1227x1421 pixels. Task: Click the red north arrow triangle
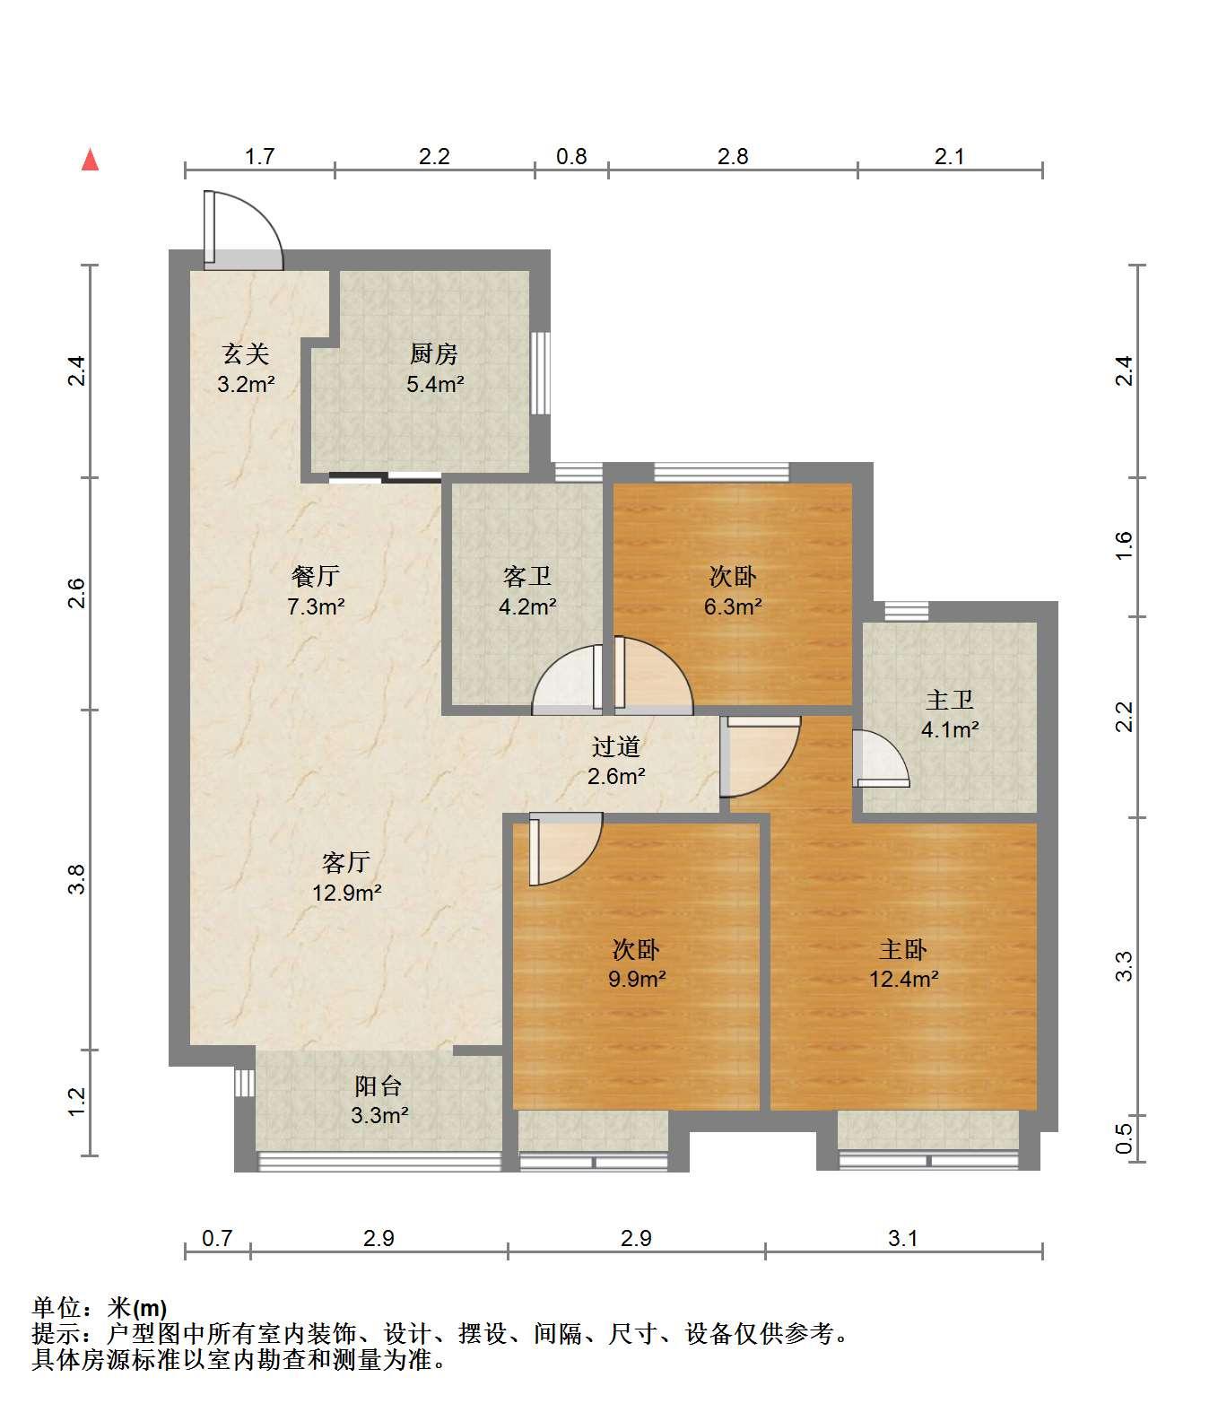point(90,160)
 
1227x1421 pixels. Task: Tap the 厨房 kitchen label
point(434,354)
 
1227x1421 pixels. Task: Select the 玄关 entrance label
point(246,354)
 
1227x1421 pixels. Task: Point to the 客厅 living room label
point(346,863)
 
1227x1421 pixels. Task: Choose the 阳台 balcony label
point(378,1086)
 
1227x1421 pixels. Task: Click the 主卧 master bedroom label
point(903,949)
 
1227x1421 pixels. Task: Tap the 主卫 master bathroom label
point(950,700)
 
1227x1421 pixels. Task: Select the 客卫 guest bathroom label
point(527,576)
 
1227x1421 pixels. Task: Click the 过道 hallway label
point(616,746)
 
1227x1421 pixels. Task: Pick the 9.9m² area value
point(637,979)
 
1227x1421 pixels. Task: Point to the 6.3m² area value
point(733,606)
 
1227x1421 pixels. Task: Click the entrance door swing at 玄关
point(243,230)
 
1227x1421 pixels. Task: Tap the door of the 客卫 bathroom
point(567,679)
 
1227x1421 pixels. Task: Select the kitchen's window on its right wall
point(539,373)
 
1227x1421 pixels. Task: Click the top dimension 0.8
point(571,157)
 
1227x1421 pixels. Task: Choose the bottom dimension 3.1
point(903,1239)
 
